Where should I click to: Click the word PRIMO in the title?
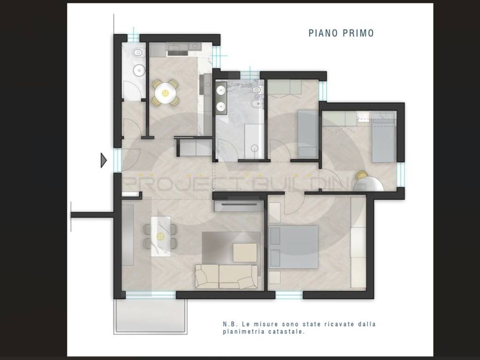pos(358,33)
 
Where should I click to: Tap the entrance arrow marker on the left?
pos(104,160)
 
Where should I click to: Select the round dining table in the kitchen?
pos(165,93)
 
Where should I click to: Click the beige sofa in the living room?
pos(226,277)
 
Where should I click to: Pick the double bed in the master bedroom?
pos(293,247)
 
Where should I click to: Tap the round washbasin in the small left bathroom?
pos(139,71)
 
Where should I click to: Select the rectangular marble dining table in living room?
pos(160,236)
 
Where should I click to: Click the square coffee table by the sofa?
pos(245,253)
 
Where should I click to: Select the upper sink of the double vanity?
pos(221,90)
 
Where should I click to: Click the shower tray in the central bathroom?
pos(254,142)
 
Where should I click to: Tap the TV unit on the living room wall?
pos(239,205)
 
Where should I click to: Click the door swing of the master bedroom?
pos(294,204)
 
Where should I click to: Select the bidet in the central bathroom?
pos(256,105)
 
